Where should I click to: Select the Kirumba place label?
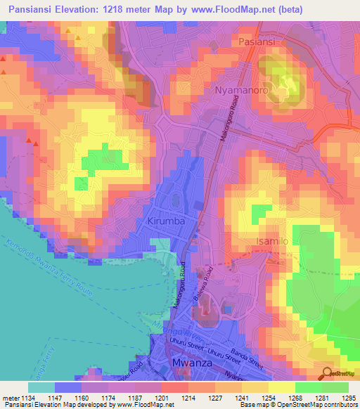point(167,221)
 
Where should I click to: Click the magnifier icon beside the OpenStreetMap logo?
point(327,374)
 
